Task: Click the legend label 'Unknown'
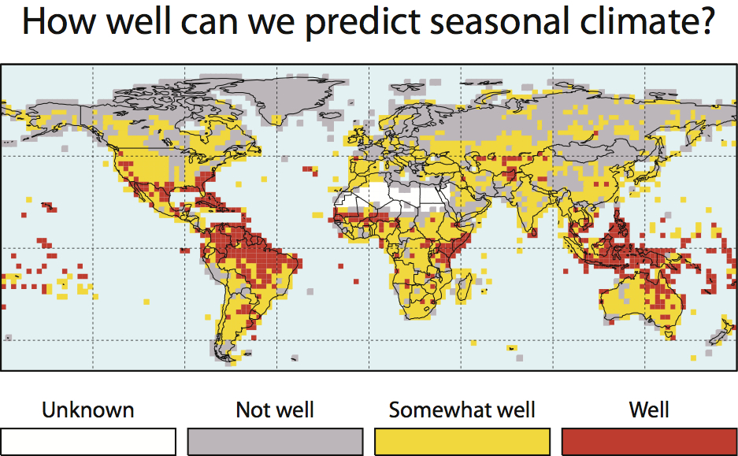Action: (87, 410)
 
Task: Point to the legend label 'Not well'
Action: (274, 410)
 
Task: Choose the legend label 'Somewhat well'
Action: (462, 410)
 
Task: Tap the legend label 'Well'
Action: (649, 410)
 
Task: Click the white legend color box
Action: (88, 441)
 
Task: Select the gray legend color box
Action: (275, 441)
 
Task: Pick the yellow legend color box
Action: (462, 441)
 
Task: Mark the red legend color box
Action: (649, 441)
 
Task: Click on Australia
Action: (638, 303)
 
